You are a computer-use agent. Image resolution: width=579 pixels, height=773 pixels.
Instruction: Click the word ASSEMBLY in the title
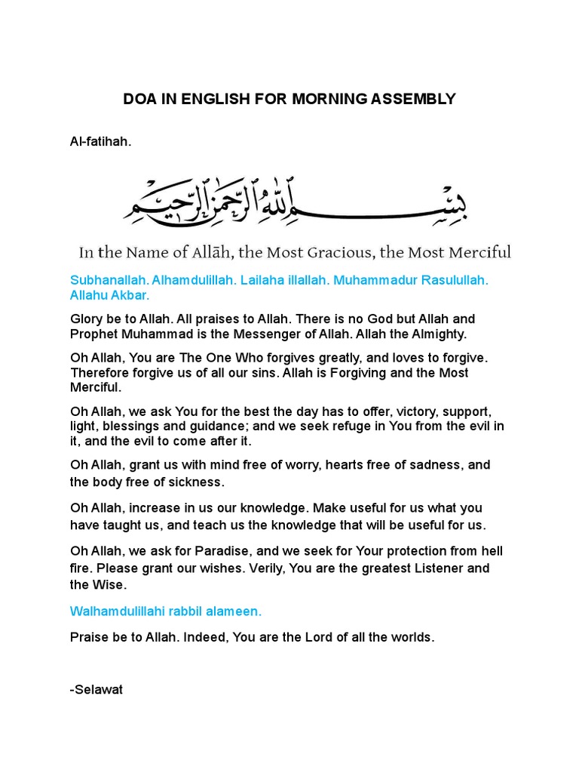[x=416, y=99]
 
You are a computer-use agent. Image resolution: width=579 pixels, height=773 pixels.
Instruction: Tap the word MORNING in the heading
[x=332, y=99]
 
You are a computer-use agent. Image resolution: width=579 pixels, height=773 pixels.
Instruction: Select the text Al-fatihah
[x=100, y=140]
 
